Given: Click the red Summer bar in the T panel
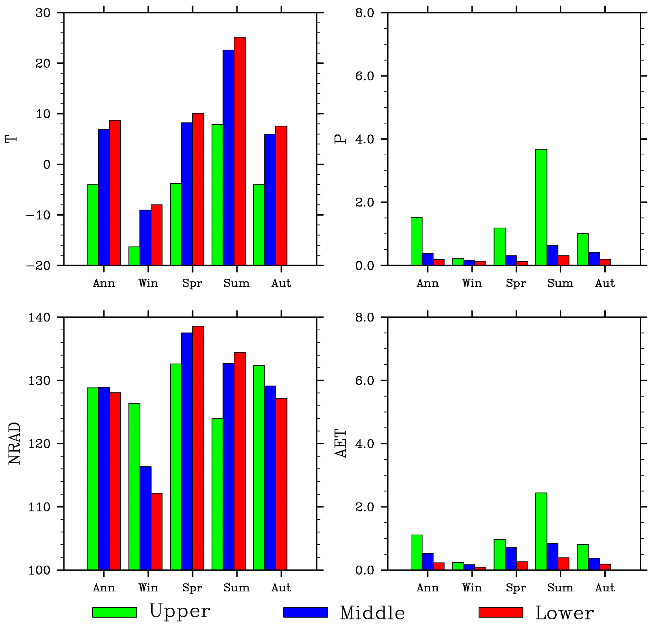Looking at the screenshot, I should [x=239, y=151].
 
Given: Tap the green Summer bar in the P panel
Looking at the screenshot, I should [x=541, y=207].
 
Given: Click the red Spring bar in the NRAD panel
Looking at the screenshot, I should [x=198, y=448].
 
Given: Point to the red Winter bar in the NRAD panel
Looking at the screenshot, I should [x=157, y=531].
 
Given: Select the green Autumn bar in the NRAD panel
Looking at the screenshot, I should [x=259, y=468].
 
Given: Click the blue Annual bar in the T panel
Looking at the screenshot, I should [x=104, y=197].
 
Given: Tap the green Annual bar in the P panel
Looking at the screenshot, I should [x=416, y=241].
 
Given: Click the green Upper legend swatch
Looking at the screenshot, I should [x=114, y=612].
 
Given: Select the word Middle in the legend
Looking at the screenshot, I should [x=372, y=613].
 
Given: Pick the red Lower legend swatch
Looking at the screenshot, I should [x=500, y=612].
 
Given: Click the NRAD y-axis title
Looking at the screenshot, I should [x=14, y=443].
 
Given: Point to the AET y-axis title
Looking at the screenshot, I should [x=341, y=443].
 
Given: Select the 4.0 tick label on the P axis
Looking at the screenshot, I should [x=365, y=139].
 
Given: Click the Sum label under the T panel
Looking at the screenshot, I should [x=236, y=284].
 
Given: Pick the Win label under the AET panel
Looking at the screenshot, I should [x=472, y=588].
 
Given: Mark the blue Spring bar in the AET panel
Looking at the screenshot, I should [x=511, y=558].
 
